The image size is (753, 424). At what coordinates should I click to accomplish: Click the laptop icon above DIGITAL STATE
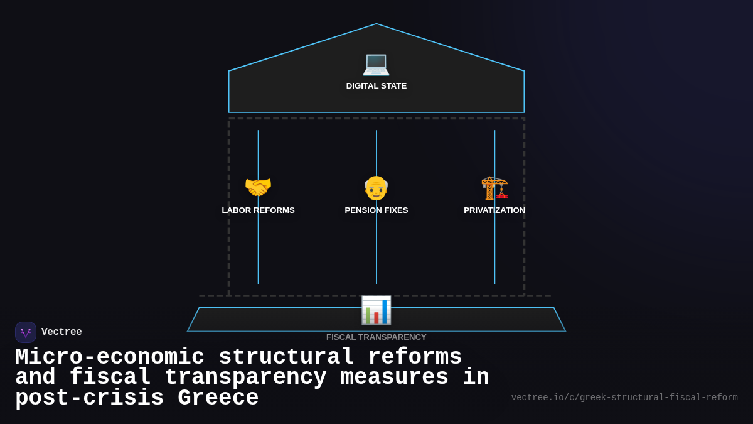click(376, 63)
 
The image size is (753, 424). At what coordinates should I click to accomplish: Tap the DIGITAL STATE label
click(376, 86)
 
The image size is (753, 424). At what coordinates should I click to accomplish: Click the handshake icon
click(258, 187)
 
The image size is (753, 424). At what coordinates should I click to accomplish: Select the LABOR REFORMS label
click(258, 210)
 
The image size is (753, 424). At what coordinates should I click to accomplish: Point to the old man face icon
click(376, 188)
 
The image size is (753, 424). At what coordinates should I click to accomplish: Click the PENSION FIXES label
click(376, 210)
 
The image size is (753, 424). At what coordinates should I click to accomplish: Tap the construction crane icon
click(494, 187)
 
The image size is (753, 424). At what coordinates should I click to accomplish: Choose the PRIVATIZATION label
click(494, 210)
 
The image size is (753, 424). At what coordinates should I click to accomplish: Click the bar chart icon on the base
click(376, 310)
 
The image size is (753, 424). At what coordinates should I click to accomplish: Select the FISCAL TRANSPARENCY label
click(376, 337)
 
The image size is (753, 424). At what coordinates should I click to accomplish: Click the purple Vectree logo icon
click(26, 332)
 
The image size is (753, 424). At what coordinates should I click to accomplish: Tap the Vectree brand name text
click(61, 332)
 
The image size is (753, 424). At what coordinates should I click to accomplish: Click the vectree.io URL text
click(624, 398)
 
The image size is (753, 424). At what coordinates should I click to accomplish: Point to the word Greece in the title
click(218, 398)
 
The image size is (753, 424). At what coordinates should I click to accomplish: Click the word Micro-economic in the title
click(110, 357)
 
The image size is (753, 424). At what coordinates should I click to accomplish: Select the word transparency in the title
click(245, 378)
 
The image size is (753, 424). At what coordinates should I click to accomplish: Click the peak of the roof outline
click(376, 24)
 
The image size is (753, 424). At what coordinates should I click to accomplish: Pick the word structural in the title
click(286, 357)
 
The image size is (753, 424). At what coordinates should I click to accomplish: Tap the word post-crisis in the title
click(89, 398)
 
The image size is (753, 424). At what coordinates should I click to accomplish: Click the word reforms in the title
click(415, 357)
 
